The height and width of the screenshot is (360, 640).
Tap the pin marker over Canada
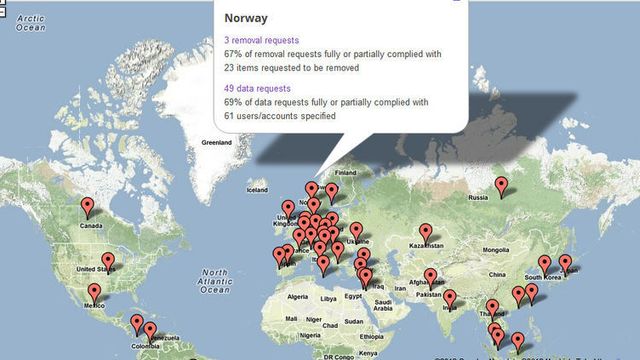click(x=87, y=207)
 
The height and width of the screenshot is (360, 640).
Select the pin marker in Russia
click(x=503, y=185)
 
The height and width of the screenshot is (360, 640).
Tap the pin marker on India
click(x=450, y=298)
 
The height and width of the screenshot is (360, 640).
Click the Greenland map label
click(x=216, y=143)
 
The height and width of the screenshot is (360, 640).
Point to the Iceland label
click(x=258, y=188)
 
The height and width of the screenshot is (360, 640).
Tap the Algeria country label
click(x=297, y=297)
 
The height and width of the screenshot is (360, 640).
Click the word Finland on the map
click(x=345, y=171)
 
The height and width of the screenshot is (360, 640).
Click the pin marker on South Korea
click(x=545, y=264)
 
